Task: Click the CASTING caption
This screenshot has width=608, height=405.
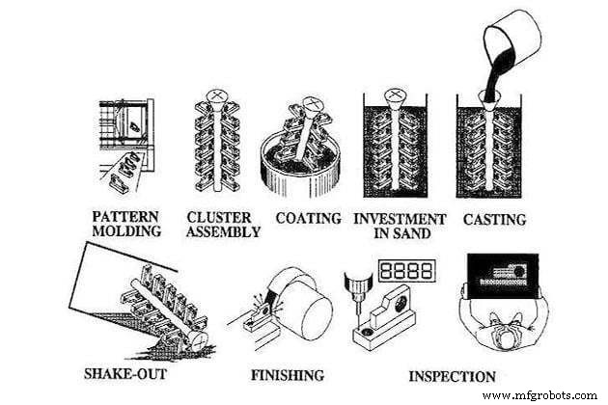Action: point(494,219)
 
